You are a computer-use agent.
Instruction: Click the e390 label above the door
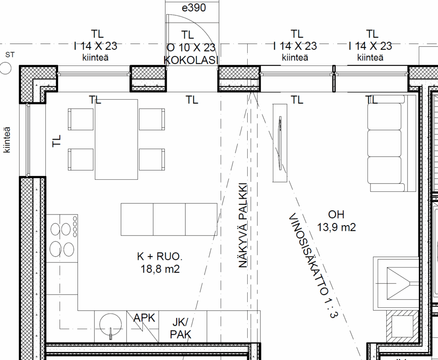pyautogui.click(x=194, y=8)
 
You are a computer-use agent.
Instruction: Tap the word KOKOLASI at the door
pyautogui.click(x=190, y=60)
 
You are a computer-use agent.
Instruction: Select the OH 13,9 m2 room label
pyautogui.click(x=336, y=221)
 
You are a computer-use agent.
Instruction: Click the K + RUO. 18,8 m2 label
pyautogui.click(x=160, y=263)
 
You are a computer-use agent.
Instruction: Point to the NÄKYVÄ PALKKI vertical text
pyautogui.click(x=243, y=225)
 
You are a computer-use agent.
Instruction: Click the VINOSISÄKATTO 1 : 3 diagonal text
pyautogui.click(x=313, y=265)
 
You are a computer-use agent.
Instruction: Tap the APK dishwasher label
pyautogui.click(x=144, y=318)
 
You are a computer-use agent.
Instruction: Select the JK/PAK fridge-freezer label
pyautogui.click(x=181, y=328)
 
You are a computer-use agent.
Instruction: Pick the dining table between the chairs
pyautogui.click(x=116, y=139)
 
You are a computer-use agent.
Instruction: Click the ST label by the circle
pyautogui.click(x=10, y=55)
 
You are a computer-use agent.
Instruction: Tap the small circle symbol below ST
pyautogui.click(x=5, y=68)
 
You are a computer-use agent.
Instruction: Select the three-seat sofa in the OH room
pyautogui.click(x=391, y=144)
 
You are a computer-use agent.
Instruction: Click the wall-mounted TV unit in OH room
pyautogui.click(x=280, y=143)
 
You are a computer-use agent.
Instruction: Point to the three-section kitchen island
pyautogui.click(x=169, y=220)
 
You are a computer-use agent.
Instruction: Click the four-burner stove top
pyautogui.click(x=62, y=238)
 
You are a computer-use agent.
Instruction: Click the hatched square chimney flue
pyautogui.click(x=402, y=326)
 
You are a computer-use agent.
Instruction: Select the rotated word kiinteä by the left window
pyautogui.click(x=7, y=140)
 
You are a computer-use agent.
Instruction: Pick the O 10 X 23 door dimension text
pyautogui.click(x=191, y=48)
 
